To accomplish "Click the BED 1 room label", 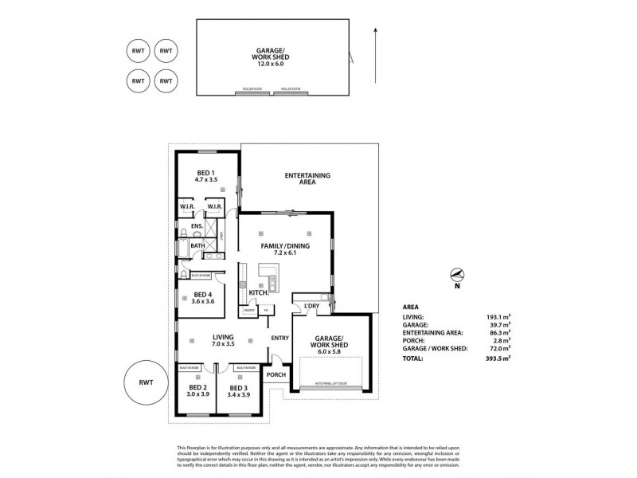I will coord(206,172).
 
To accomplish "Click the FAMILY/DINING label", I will coord(285,246).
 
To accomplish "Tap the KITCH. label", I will coord(258,293).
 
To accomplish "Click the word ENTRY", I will coord(279,338).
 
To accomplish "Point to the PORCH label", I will coord(276,375).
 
